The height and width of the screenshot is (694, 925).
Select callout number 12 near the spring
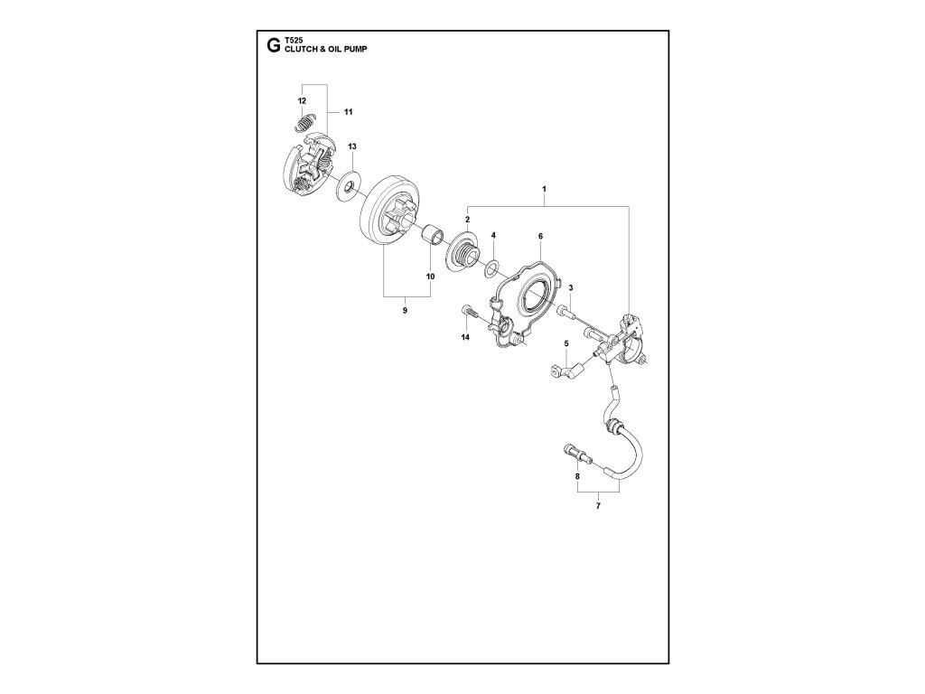coord(302,99)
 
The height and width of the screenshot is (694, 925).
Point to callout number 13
coord(352,145)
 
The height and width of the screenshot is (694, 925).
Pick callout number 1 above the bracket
coord(544,189)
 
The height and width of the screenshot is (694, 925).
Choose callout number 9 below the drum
coord(405,311)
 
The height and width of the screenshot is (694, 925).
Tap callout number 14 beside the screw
coord(465,337)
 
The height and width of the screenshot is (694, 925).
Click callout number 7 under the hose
coord(597,508)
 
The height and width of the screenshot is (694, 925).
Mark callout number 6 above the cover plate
coord(539,236)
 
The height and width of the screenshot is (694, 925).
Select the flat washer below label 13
coord(348,188)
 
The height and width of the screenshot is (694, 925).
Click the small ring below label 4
coord(491,267)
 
